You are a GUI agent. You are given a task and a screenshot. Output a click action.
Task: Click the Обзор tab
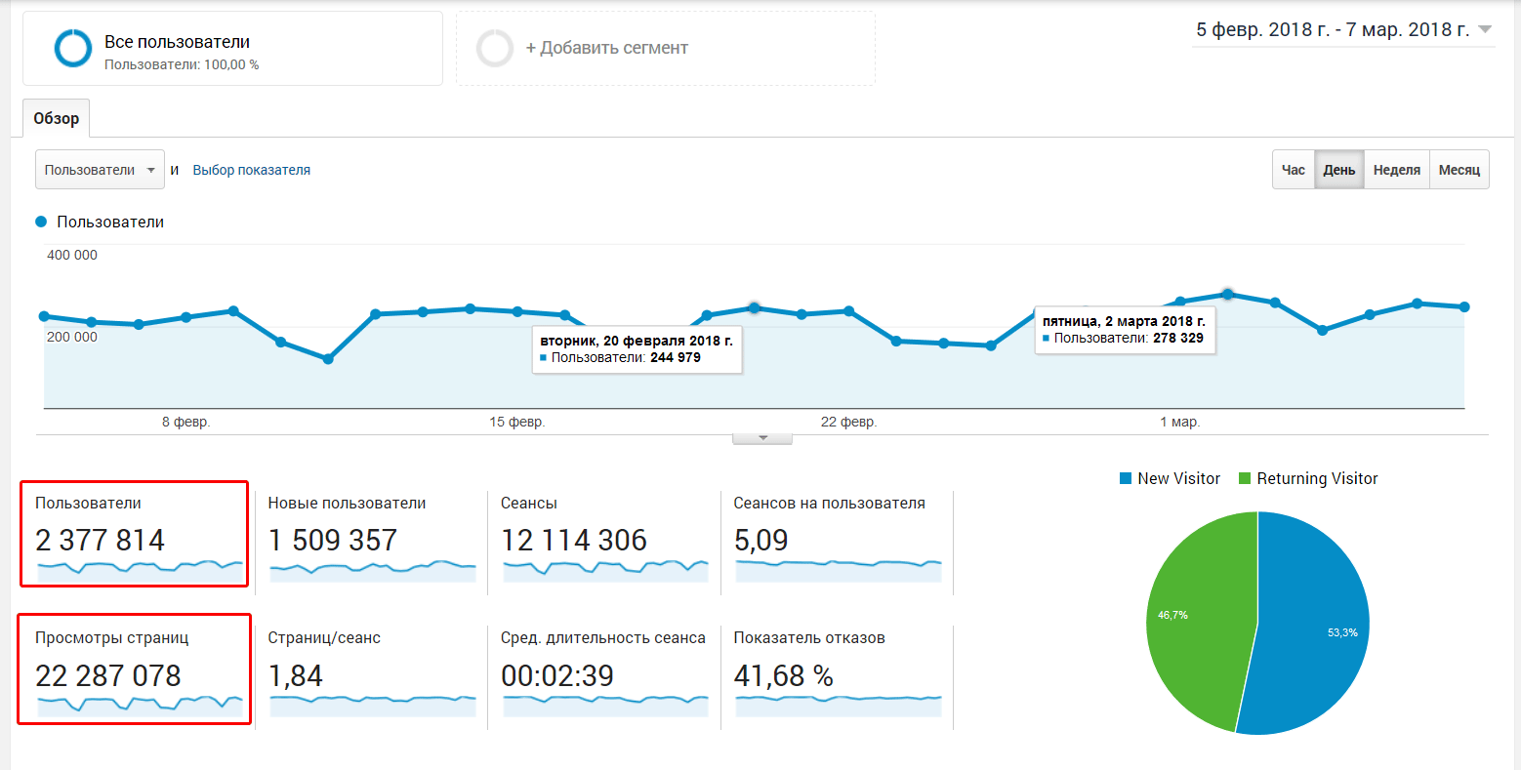point(57,118)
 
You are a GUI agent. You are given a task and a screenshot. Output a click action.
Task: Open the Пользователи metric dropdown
point(100,170)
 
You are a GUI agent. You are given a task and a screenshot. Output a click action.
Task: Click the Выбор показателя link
point(251,170)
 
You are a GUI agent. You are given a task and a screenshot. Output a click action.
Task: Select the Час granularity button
point(1293,170)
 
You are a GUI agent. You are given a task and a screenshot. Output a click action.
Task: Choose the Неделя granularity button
point(1396,170)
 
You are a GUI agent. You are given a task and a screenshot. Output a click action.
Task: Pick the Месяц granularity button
point(1459,170)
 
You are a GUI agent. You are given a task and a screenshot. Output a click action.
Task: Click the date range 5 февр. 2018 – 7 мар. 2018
point(1334,30)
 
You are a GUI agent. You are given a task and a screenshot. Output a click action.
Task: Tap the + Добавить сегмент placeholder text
point(606,48)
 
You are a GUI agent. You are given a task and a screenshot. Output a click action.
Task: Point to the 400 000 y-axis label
point(72,255)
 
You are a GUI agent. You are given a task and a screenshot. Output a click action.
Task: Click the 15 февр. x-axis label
point(517,422)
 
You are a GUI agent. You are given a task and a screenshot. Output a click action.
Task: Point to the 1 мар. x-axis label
point(1179,422)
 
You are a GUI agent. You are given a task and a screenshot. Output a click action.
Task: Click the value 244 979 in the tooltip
point(675,357)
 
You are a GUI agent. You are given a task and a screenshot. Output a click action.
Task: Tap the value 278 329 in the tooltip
point(1177,338)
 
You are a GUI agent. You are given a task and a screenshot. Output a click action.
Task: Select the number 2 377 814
point(101,540)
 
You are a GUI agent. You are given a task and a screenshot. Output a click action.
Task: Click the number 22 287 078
point(108,675)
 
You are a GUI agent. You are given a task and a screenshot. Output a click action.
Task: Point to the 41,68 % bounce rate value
point(783,675)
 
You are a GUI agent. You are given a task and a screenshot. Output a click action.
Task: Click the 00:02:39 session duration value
point(557,675)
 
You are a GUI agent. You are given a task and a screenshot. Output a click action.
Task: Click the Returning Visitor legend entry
point(1316,478)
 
